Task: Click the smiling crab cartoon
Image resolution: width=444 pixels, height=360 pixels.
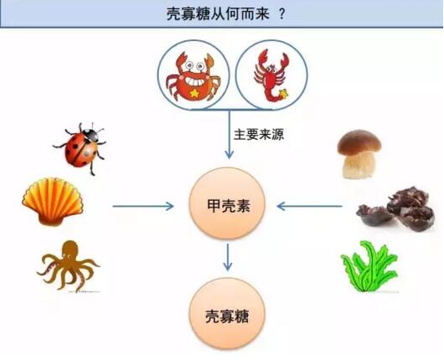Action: [193, 76]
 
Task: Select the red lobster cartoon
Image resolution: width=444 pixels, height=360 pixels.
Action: [271, 75]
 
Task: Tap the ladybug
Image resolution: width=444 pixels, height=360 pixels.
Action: [80, 147]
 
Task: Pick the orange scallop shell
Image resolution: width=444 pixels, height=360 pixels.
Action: [53, 201]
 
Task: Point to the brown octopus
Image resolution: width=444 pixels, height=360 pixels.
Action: [68, 265]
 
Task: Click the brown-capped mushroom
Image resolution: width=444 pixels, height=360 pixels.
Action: [359, 154]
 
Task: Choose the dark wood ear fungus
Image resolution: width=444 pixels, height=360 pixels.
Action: [396, 208]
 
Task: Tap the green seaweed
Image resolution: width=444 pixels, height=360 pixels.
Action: [369, 266]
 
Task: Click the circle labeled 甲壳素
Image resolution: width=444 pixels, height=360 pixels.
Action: [227, 203]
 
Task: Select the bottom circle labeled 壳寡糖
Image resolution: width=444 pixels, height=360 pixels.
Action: [227, 314]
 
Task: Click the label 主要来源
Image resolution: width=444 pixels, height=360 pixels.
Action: [259, 135]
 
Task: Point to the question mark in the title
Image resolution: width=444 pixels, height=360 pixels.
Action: [281, 13]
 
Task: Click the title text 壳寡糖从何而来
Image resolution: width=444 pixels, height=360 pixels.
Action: [218, 13]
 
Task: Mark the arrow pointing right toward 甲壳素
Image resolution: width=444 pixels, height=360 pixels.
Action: [143, 206]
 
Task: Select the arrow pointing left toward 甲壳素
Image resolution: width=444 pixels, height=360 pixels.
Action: [309, 206]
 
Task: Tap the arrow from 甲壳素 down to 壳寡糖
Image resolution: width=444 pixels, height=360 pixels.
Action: [227, 257]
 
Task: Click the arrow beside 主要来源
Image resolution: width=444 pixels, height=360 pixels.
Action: [229, 134]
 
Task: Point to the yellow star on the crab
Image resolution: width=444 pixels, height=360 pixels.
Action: [194, 93]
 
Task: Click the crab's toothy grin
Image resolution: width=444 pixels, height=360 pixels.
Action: [194, 81]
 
